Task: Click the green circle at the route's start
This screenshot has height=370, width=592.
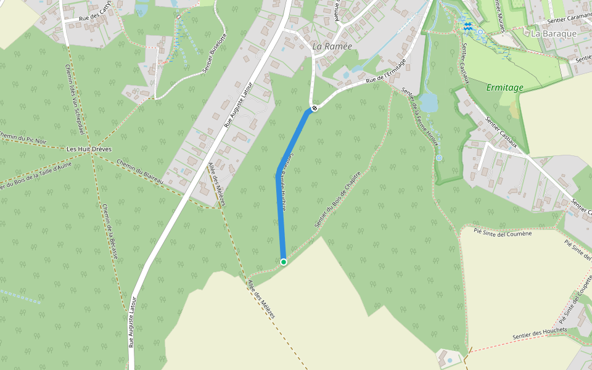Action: click(284, 262)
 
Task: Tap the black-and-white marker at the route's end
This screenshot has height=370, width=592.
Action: click(314, 109)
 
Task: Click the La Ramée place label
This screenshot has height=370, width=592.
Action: click(332, 46)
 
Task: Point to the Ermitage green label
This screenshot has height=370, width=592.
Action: click(504, 88)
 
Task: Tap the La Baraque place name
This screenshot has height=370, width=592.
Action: click(554, 33)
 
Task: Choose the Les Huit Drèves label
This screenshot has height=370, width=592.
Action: click(88, 149)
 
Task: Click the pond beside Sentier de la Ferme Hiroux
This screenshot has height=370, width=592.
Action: click(428, 102)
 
